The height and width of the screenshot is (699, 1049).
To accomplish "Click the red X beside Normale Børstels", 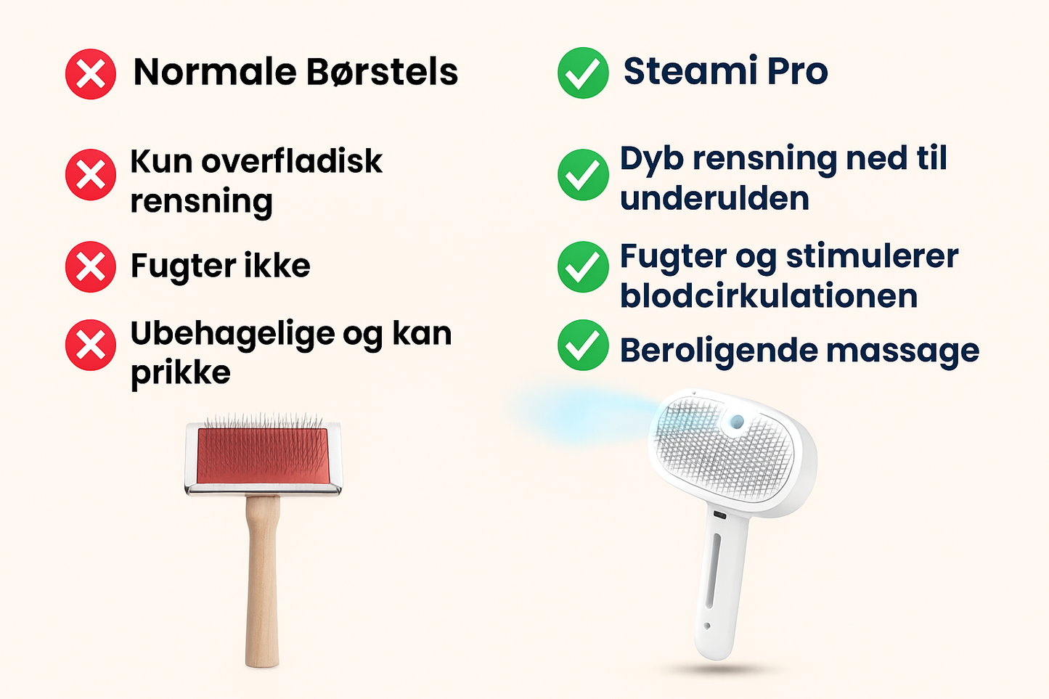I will point(91,74).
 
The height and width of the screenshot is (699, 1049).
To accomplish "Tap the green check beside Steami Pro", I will point(583,73).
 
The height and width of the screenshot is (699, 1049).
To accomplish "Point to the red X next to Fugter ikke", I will point(91,266).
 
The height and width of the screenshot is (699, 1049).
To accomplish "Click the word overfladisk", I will point(292,161).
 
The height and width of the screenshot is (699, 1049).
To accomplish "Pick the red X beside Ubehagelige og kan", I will point(91,345).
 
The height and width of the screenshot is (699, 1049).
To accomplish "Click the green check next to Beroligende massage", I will point(583,345).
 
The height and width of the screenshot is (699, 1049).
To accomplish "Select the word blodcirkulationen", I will point(769,296).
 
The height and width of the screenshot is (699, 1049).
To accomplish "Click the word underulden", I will point(714,198).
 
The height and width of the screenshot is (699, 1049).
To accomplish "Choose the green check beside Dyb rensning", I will point(583,175).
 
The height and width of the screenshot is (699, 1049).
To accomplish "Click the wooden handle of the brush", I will point(262,581).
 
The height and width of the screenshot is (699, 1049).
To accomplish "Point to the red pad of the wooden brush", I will point(262,456).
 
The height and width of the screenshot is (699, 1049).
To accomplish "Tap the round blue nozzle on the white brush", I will point(737,421).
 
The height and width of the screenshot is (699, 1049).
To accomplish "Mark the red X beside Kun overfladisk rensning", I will point(91,175).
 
